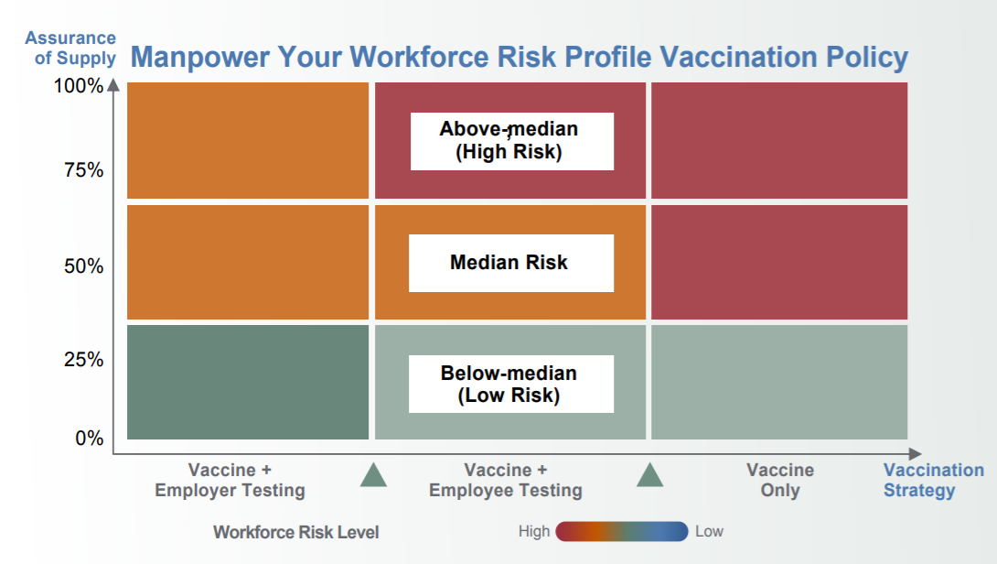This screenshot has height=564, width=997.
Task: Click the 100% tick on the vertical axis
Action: click(79, 85)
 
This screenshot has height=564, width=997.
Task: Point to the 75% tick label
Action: click(83, 170)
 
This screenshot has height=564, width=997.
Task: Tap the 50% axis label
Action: click(83, 266)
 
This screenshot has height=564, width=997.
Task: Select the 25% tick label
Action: click(83, 360)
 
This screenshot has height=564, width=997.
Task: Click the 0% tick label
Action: click(89, 438)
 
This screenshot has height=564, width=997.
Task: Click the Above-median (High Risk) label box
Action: click(512, 141)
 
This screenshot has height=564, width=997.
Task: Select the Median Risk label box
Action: click(511, 263)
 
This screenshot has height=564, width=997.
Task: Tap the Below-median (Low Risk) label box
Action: click(511, 384)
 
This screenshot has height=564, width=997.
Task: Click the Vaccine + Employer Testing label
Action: click(230, 480)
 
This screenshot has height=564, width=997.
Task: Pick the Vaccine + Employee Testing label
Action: click(506, 480)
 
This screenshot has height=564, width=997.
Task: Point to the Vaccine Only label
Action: click(780, 480)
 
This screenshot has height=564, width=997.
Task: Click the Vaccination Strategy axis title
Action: click(933, 480)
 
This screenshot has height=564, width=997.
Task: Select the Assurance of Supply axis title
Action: click(70, 48)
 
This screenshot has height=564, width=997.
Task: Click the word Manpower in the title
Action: click(200, 57)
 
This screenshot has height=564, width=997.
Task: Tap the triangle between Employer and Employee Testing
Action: click(373, 475)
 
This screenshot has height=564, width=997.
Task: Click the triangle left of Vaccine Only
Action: click(649, 475)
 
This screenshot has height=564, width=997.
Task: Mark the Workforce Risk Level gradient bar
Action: click(622, 532)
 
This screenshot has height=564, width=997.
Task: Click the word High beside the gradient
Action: click(534, 532)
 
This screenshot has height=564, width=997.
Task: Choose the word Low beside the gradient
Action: click(709, 532)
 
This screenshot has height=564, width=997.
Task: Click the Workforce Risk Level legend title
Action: click(295, 532)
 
